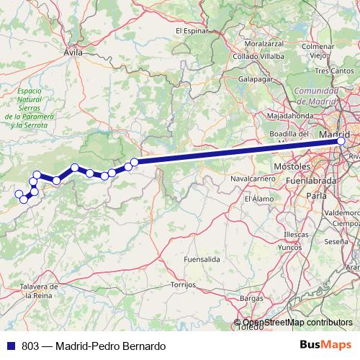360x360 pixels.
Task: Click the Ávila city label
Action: (x=73, y=53)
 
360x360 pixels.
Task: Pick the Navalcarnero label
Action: (x=250, y=177)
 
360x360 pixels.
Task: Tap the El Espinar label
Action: (x=192, y=31)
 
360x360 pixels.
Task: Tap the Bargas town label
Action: (x=251, y=297)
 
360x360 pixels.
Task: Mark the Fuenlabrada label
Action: (x=321, y=180)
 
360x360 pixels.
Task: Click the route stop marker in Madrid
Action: (x=341, y=141)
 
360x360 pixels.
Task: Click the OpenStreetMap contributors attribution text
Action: (x=297, y=323)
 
